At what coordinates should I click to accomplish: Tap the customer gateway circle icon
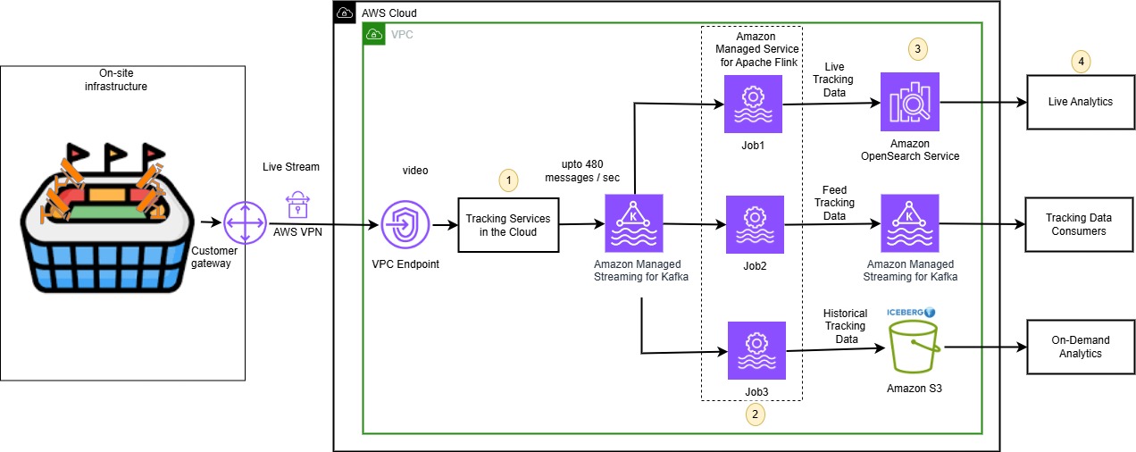241,222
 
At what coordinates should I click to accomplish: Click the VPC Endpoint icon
405,224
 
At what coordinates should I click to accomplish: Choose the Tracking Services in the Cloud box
508,225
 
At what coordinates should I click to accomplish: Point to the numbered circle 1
509,180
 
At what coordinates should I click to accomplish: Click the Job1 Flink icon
753,104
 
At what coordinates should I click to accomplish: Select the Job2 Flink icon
753,225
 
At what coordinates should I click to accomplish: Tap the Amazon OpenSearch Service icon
910,102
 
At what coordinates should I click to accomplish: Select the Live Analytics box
1081,102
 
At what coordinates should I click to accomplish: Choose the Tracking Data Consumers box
1081,225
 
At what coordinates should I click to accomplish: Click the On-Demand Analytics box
1081,347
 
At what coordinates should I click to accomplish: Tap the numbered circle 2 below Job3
756,414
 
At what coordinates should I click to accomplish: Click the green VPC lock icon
374,35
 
